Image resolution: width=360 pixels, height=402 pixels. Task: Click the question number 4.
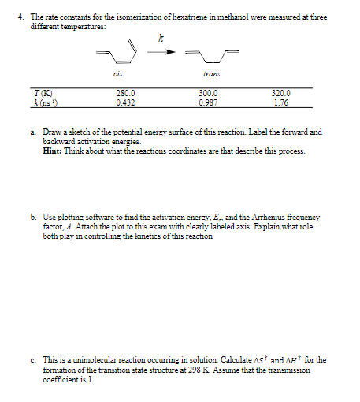point(9,17)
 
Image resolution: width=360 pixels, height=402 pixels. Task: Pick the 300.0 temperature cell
point(209,93)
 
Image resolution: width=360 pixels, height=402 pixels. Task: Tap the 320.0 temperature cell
point(281,93)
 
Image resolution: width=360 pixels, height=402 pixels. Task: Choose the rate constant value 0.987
point(209,102)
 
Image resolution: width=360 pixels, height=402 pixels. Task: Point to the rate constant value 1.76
point(281,102)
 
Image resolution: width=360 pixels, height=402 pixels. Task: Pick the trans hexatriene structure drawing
point(212,55)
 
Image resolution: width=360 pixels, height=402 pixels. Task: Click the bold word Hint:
point(56,150)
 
